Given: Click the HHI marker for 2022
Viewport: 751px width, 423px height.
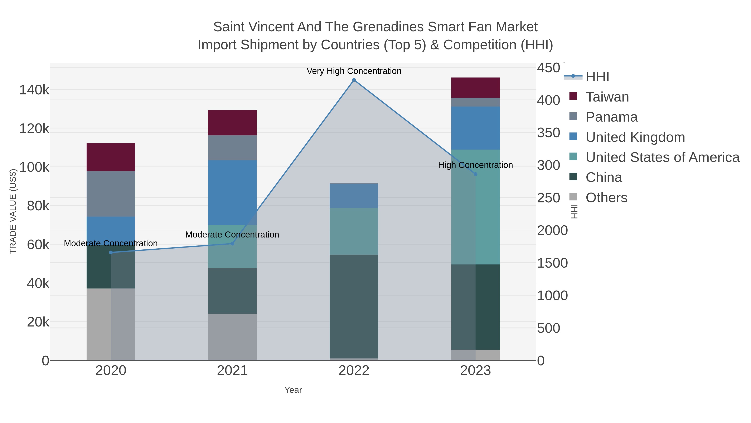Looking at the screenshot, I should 354,80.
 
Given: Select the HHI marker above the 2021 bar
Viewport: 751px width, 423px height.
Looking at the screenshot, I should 232,244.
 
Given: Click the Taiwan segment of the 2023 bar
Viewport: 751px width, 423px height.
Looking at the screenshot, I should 475,88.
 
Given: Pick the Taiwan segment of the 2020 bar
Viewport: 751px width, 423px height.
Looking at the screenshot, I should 111,157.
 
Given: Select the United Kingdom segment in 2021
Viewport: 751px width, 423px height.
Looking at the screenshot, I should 232,192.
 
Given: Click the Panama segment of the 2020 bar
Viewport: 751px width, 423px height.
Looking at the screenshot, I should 111,194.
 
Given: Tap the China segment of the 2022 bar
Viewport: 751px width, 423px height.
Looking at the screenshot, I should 354,306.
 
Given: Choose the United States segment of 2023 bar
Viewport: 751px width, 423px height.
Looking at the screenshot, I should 475,207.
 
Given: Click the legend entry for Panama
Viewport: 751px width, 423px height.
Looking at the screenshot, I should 611,117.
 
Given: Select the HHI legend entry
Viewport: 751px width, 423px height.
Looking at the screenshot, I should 597,77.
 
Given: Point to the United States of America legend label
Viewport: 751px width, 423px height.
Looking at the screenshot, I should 662,157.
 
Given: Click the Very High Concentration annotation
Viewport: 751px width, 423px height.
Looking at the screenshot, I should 354,71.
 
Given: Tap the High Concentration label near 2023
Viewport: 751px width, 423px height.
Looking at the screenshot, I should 475,165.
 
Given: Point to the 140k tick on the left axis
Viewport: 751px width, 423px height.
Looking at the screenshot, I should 34,90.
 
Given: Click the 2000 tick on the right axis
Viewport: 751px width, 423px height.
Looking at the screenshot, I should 552,230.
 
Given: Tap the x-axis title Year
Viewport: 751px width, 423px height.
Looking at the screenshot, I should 293,390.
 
